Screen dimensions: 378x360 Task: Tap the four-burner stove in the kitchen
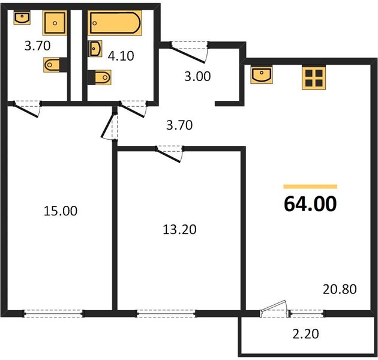click(314, 78)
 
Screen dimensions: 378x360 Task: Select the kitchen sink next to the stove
click(262, 75)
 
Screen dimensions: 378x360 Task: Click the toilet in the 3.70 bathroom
click(52, 65)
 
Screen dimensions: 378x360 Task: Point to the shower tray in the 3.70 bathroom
click(55, 23)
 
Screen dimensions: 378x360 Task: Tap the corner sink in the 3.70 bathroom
click(22, 17)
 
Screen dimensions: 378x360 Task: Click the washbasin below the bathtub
click(95, 49)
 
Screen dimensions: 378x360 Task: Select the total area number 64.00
click(310, 204)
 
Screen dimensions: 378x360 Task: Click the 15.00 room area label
click(61, 211)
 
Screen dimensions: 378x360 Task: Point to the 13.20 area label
click(179, 230)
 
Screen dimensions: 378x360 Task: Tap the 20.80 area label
click(340, 289)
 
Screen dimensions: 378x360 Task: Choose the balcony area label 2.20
click(305, 334)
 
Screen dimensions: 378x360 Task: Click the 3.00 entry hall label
click(197, 76)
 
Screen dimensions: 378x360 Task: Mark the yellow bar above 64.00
click(310, 187)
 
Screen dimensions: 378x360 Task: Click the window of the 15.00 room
click(54, 313)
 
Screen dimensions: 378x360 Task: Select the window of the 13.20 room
click(167, 313)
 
